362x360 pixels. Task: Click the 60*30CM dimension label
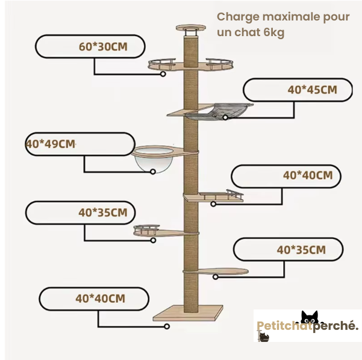102,46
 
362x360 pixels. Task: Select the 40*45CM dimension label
311,90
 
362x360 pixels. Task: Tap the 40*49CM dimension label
51,144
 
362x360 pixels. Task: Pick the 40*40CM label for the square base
100,298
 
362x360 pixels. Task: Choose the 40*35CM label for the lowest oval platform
301,249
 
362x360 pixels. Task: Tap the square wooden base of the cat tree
188,313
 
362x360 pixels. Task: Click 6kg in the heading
273,32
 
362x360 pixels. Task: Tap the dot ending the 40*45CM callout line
226,118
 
